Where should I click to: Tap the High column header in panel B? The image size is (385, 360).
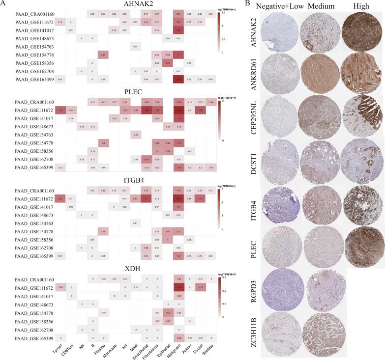pos(357,5)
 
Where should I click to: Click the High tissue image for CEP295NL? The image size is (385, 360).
pos(357,118)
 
